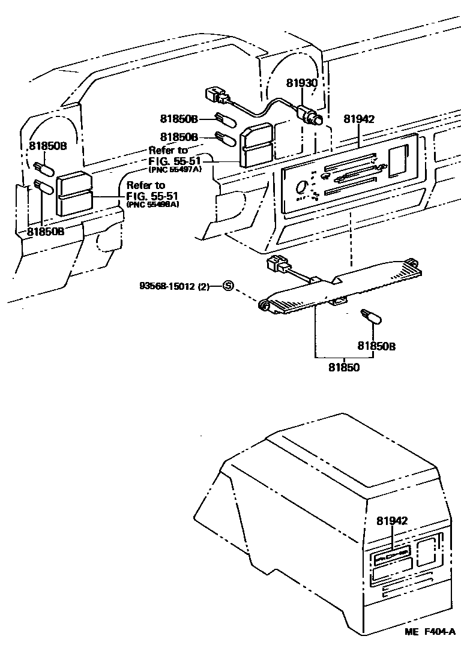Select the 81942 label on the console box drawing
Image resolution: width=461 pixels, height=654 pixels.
coord(393,521)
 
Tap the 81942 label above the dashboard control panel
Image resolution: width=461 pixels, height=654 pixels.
coord(359,119)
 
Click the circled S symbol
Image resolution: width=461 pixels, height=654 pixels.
coord(228,286)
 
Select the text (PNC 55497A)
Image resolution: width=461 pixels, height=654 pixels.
coord(176,170)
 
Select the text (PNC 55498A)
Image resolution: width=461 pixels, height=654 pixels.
coord(153,205)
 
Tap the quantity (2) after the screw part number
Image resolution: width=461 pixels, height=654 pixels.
coord(203,287)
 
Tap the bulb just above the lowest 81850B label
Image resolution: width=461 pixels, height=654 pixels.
coord(368,316)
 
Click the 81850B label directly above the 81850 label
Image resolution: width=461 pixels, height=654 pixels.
coord(377,346)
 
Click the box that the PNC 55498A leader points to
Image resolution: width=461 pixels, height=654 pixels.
coord(74,194)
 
